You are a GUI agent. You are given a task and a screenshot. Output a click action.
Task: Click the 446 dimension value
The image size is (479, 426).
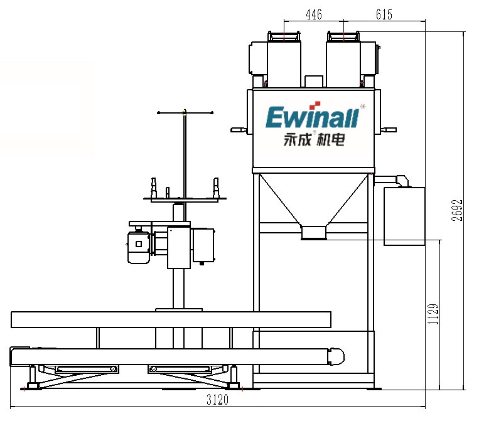pos(314,14)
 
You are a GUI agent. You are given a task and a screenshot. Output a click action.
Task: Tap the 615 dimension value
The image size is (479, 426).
pos(384,14)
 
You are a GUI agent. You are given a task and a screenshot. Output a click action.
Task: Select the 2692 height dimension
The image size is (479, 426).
pos(457,210)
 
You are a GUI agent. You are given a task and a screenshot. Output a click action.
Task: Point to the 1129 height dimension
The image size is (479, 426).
pos(433,314)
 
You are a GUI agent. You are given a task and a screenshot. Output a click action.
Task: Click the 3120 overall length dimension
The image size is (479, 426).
pos(217,400)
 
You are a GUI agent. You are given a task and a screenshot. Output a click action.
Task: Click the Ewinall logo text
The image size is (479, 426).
pos(312,117)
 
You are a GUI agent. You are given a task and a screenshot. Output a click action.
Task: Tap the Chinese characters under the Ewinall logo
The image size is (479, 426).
pos(315,140)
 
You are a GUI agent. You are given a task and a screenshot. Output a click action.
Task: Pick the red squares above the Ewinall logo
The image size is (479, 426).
pos(315,105)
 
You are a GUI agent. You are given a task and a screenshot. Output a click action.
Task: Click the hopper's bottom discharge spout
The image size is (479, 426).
pos(314,232)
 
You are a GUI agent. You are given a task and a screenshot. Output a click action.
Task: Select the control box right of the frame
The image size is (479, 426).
pos(404,216)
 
